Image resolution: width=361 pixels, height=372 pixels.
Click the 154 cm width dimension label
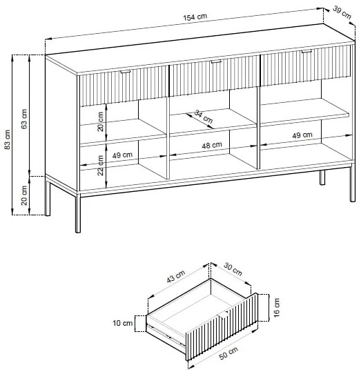click(195, 17)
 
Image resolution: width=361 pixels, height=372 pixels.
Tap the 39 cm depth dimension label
click(342, 12)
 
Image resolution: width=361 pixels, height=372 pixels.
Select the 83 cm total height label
click(8, 139)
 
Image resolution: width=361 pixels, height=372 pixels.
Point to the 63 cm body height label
click(24, 119)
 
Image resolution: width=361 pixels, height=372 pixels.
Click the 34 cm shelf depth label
click(204, 117)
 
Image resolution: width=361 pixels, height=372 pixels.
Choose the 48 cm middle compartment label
click(212, 145)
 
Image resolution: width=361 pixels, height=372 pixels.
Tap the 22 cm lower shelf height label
click(101, 165)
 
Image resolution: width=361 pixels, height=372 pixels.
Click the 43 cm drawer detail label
click(175, 277)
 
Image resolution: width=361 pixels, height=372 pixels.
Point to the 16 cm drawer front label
click(277, 308)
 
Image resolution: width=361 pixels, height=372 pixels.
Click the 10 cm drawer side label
click(123, 323)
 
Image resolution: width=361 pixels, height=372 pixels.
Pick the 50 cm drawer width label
click(228, 353)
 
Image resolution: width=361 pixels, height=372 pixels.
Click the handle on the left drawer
click(125, 72)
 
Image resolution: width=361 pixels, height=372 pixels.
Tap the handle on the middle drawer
click(216, 61)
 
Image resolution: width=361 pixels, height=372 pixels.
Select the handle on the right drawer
click(306, 52)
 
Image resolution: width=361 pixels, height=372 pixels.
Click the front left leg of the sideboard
click(78, 213)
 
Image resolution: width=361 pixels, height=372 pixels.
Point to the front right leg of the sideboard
click(353, 183)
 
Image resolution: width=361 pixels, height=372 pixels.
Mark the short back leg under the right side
click(322, 177)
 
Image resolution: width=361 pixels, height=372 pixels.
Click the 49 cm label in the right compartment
click(302, 135)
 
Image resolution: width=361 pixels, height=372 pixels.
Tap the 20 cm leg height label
click(24, 195)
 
